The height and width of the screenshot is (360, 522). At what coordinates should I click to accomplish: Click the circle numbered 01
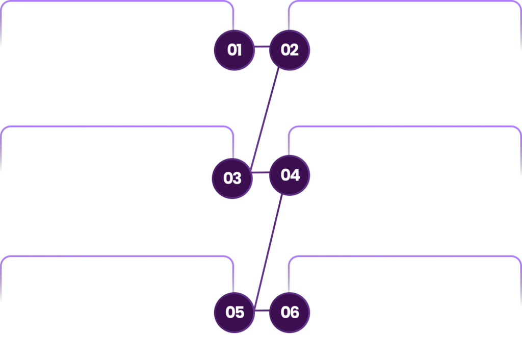(x=234, y=50)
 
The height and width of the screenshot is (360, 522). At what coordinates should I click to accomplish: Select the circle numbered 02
(x=290, y=50)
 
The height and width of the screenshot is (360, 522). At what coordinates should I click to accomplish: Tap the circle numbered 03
(x=232, y=178)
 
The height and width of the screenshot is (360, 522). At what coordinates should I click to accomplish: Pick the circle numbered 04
(x=290, y=175)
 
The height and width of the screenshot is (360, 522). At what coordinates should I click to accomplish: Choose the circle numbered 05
(x=234, y=313)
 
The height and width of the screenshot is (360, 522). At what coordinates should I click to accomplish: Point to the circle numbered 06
(x=290, y=313)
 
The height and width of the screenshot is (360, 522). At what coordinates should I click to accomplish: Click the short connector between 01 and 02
(x=262, y=46)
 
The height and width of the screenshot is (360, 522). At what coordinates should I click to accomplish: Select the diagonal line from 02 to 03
(x=265, y=119)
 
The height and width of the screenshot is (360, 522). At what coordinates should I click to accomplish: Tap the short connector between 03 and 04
(x=260, y=172)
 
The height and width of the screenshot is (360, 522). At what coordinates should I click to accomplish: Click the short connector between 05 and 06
(x=262, y=311)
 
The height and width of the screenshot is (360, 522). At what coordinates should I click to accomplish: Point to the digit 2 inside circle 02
(x=294, y=50)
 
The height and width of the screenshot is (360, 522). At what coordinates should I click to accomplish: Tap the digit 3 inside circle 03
(x=237, y=178)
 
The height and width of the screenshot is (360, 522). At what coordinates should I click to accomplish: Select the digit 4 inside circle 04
(x=295, y=175)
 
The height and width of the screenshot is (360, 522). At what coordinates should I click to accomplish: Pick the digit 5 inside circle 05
(x=240, y=313)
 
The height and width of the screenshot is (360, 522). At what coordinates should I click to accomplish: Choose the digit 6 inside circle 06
(x=294, y=313)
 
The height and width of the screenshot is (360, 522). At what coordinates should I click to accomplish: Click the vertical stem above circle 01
(x=233, y=20)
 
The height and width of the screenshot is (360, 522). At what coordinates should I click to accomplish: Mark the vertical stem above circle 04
(x=289, y=145)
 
